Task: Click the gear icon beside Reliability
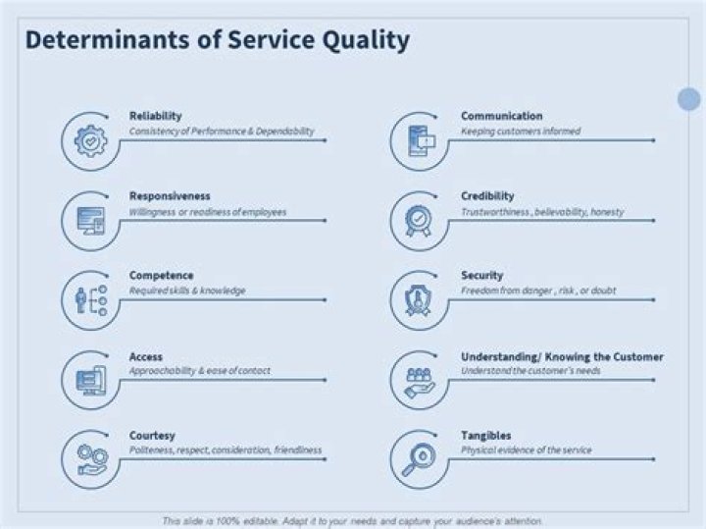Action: coord(90,141)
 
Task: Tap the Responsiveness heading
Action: coord(170,196)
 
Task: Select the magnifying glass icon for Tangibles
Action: coord(419,459)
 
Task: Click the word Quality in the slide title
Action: coord(366,40)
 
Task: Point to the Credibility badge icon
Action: coord(419,221)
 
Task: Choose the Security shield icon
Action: coord(419,300)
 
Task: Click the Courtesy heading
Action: coord(152,436)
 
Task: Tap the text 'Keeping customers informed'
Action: coord(521,132)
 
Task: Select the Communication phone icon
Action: coord(422,141)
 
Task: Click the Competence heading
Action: coord(161,276)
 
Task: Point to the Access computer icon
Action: coord(91,380)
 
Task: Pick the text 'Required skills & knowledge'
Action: coord(187,291)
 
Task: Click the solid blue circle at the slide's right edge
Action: coord(689,99)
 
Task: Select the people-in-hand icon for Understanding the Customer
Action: coord(420,383)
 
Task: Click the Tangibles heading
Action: coord(485,436)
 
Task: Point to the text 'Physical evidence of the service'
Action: coord(526,450)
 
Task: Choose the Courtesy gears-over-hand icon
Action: coord(92,459)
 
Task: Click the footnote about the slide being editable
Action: coord(352,521)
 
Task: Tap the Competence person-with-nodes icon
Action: coord(90,300)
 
